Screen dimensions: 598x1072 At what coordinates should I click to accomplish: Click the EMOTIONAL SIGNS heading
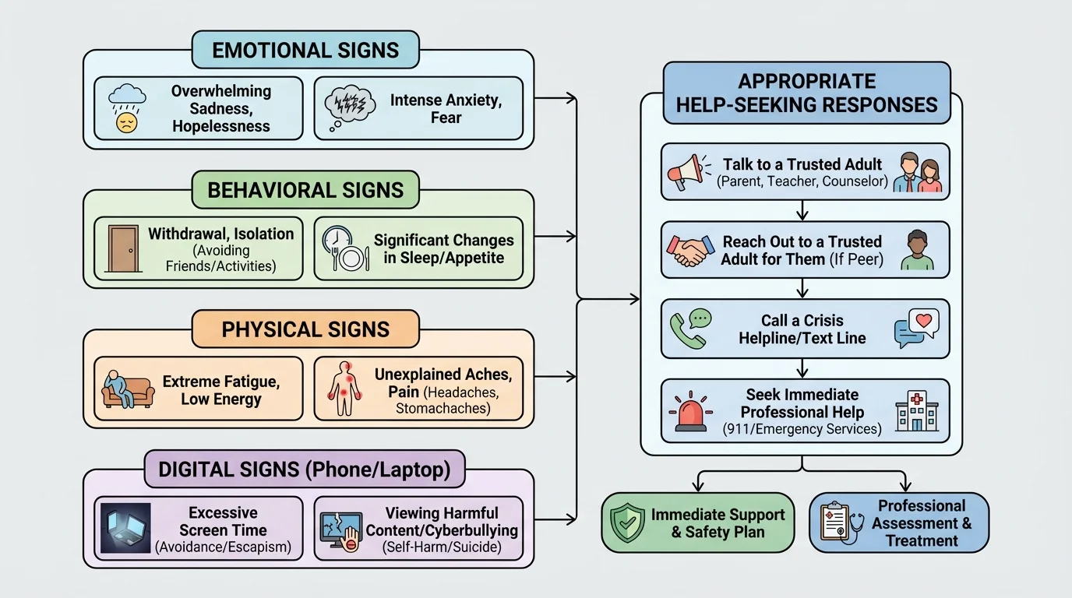coord(305,51)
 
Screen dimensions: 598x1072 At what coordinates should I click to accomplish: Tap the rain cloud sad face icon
coord(125,108)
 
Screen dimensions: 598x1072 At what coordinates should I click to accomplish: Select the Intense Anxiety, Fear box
coord(418,108)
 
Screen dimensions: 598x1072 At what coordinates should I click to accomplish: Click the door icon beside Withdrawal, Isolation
coord(123,248)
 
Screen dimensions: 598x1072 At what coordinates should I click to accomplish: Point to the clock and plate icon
coord(340,248)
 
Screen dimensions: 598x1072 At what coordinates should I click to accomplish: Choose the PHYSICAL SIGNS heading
coord(305,329)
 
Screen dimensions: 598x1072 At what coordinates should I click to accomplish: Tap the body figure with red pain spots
coord(341,389)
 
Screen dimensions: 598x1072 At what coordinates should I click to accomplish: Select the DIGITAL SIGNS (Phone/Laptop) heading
coord(305,470)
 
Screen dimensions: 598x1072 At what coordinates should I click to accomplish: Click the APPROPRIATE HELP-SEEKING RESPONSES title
coord(806,93)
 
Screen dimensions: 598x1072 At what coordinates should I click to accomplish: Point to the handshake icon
coord(690,250)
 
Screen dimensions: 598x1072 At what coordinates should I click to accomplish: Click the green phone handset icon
coord(690,329)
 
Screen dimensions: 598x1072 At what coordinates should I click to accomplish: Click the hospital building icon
coord(917,411)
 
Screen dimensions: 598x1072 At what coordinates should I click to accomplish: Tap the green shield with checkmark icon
coord(626,522)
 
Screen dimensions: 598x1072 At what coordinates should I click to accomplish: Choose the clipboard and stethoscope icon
coord(839,522)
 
